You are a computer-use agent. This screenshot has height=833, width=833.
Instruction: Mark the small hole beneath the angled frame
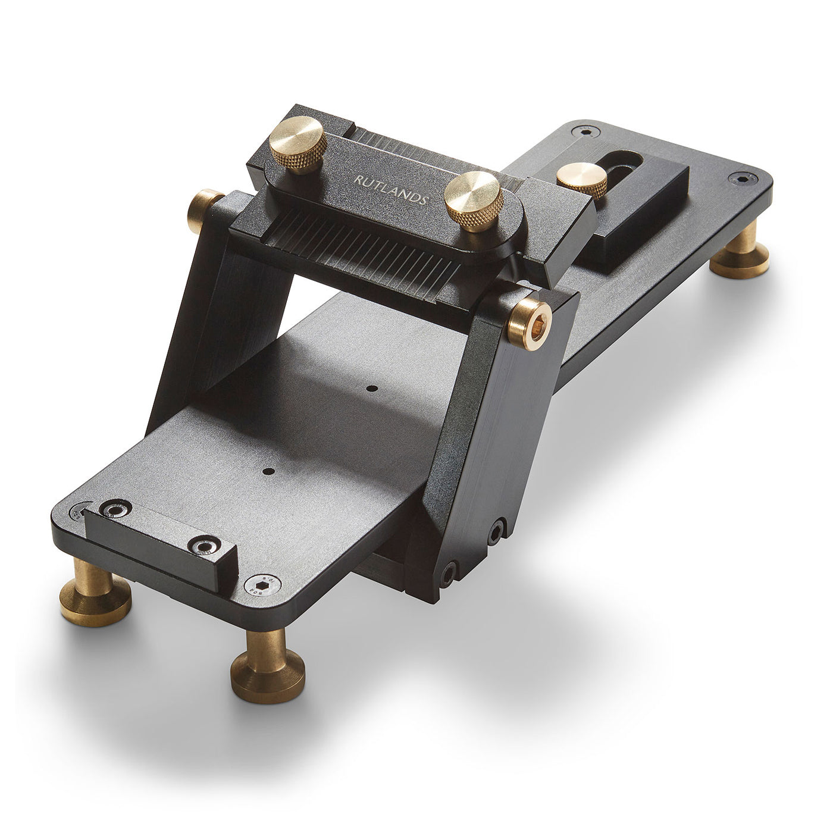point(372,389)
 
